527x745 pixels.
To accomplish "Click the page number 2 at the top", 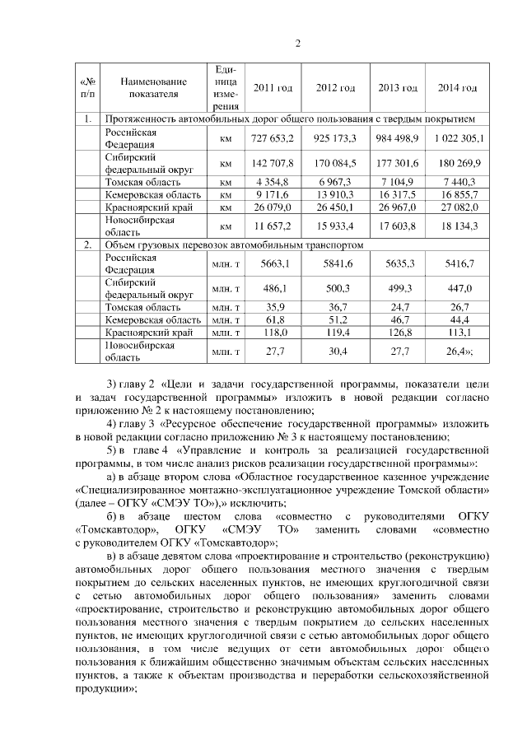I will pyautogui.click(x=298, y=44).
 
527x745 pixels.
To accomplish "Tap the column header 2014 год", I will pyautogui.click(x=458, y=88).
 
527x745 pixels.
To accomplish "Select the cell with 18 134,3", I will pyautogui.click(x=459, y=226).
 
